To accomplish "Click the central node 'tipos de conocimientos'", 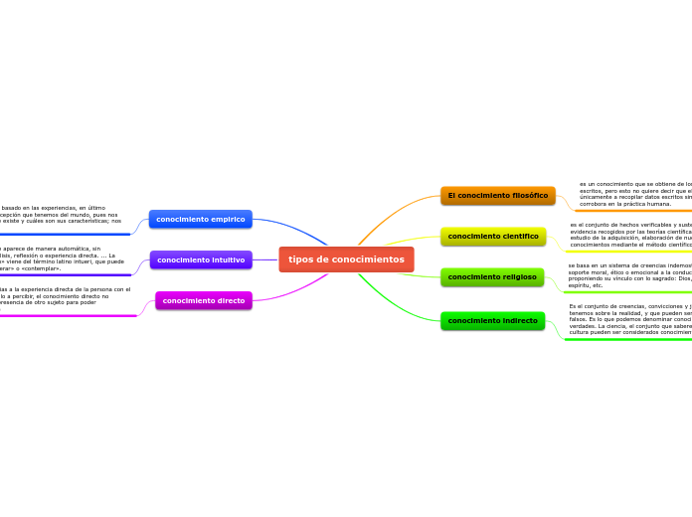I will pos(346,259).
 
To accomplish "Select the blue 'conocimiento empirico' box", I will pos(200,219).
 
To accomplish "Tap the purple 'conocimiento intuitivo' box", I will pos(201,259).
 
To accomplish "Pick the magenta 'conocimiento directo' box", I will pos(203,300).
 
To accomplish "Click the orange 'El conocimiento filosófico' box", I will pos(497,196).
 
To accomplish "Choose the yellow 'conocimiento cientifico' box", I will pos(493,237).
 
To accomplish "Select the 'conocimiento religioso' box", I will pos(492,277).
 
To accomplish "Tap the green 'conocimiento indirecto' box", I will pos(492,321).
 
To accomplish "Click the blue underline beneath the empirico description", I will pos(60,235).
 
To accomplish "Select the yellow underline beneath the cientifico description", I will pos(626,252).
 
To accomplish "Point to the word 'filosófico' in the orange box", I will pos(525,196).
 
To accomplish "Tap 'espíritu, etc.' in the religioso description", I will pos(586,285).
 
